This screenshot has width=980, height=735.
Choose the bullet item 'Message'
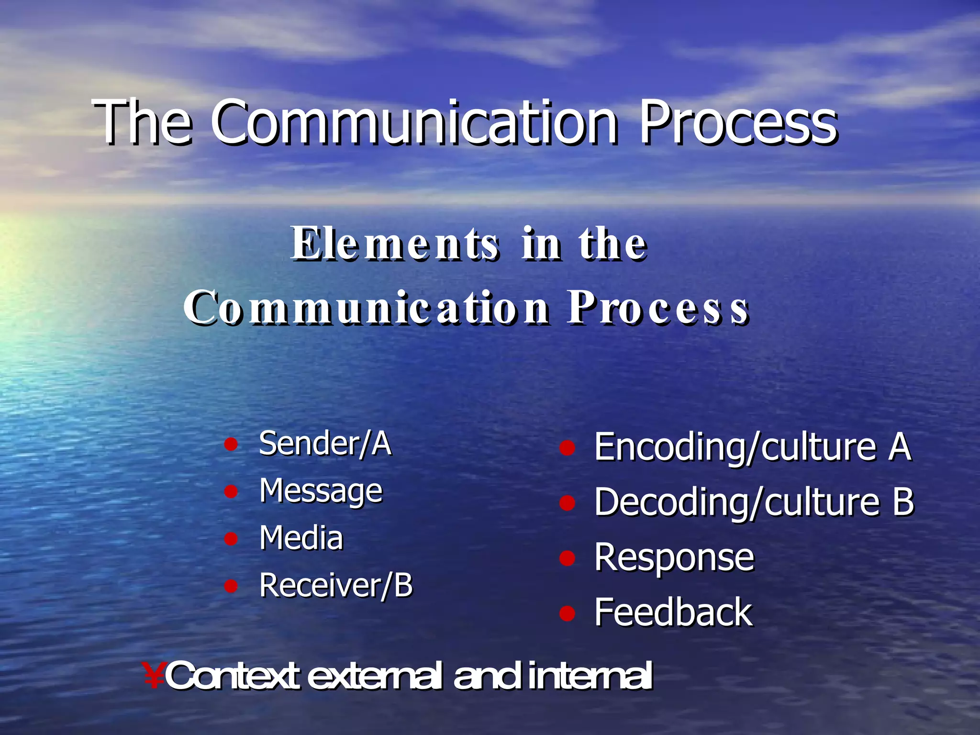coord(321,491)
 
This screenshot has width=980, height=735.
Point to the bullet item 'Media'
coord(301,537)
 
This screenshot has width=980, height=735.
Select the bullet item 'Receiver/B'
coord(335,585)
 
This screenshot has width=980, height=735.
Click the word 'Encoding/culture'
coord(735,447)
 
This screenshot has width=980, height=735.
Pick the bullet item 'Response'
coord(674,558)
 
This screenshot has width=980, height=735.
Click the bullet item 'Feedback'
coord(673,612)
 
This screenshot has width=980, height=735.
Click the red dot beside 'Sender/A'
coord(231,445)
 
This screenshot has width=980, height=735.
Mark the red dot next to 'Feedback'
coord(567,613)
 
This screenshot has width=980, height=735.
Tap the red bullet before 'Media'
coord(231,539)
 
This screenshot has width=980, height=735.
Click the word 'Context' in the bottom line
coord(233,676)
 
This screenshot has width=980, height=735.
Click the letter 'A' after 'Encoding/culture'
coord(900,447)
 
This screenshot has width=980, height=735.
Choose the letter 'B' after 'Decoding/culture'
coord(902,502)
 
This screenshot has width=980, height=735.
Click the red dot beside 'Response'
coord(567,558)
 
